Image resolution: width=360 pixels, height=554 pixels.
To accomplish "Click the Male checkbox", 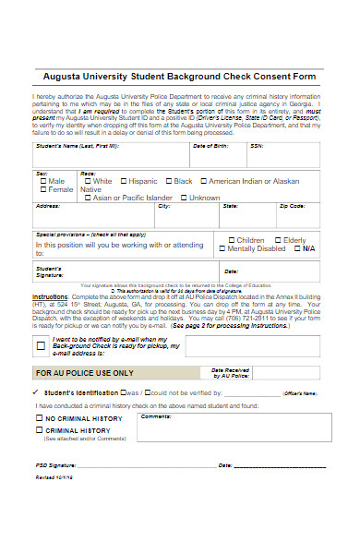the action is coord(42,181).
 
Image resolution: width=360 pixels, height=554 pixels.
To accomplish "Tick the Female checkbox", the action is coord(42,189).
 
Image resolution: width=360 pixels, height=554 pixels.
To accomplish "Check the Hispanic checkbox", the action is coord(122,181).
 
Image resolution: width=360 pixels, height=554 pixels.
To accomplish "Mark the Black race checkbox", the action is coord(166,181).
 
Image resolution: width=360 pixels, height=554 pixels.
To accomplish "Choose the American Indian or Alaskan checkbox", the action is coord(200,181).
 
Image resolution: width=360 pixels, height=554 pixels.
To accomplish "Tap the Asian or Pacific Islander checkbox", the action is coord(87,198).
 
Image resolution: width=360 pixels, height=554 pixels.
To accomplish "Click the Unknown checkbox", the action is coord(184,198).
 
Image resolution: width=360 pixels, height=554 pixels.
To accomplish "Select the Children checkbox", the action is coord(230,240).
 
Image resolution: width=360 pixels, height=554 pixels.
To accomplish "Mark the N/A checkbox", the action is coord(295,248).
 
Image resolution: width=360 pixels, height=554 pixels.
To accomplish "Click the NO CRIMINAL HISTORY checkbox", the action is coord(39,419).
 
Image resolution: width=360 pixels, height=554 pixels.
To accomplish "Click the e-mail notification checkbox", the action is coord(40,346).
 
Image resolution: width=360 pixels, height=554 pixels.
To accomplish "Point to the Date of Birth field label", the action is coord(210,146).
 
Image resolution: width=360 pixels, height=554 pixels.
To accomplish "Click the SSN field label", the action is coord(256,146).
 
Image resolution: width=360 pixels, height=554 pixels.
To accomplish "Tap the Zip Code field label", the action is coord(292,206).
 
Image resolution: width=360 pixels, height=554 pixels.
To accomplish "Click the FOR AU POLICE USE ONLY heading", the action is coord(84,374).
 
